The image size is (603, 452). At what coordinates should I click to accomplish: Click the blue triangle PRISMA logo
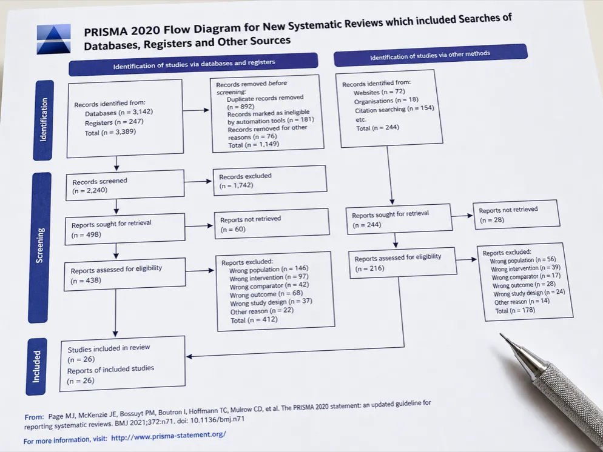click(x=54, y=39)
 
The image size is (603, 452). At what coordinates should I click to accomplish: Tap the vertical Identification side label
click(x=44, y=120)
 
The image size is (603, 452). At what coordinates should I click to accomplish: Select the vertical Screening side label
click(x=39, y=247)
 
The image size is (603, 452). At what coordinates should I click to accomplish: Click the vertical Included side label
click(x=36, y=367)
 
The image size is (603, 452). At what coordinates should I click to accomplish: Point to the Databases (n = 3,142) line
click(x=119, y=113)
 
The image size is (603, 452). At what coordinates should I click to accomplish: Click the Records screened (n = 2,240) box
click(x=125, y=185)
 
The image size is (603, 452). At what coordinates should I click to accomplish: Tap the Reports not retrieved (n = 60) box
click(x=272, y=224)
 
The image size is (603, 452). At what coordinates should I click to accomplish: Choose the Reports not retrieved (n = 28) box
click(x=516, y=214)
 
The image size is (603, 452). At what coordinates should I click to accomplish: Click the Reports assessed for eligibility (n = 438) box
click(x=124, y=274)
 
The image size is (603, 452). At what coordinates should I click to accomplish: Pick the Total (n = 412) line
click(x=254, y=320)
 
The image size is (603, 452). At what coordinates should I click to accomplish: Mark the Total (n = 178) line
click(x=515, y=310)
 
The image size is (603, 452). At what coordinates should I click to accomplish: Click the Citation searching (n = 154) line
click(x=394, y=110)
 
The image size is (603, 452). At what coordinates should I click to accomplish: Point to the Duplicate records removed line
click(x=265, y=98)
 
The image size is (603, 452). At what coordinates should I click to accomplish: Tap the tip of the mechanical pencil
click(x=500, y=334)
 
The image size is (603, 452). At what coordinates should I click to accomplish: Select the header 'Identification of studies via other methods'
click(x=430, y=55)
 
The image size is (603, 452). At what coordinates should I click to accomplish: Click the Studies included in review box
click(x=123, y=364)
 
